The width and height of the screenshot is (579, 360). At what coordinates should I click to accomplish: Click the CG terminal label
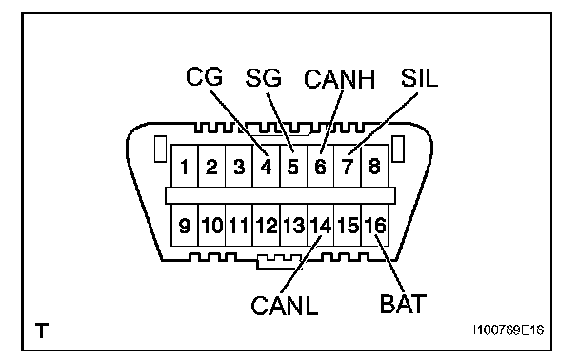click(x=204, y=76)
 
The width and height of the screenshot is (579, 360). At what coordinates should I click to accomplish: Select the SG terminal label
click(x=263, y=77)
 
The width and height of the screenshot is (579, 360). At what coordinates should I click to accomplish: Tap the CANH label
click(x=339, y=79)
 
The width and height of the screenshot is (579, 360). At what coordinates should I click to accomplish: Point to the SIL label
click(x=419, y=78)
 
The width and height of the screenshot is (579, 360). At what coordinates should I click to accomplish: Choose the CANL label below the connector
click(x=285, y=306)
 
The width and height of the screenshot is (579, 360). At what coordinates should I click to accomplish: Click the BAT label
click(x=403, y=304)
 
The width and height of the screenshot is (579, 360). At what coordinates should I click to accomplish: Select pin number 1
click(x=184, y=167)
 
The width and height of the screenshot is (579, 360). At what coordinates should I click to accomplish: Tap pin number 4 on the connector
click(x=266, y=167)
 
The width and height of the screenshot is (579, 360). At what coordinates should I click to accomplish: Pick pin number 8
click(x=374, y=166)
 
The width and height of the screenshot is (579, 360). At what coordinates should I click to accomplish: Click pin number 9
click(x=184, y=226)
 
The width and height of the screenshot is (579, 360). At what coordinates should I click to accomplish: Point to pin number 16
click(x=375, y=225)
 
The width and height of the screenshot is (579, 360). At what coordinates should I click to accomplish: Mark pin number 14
click(x=321, y=226)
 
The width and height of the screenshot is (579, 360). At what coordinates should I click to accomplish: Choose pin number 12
click(x=267, y=226)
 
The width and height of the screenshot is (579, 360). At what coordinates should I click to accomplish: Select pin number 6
click(x=320, y=167)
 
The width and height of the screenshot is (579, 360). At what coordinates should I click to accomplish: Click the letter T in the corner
click(x=42, y=330)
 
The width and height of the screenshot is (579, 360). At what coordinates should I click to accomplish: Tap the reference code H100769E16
click(x=506, y=330)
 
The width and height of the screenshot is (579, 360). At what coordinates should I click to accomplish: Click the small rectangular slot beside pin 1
click(x=160, y=149)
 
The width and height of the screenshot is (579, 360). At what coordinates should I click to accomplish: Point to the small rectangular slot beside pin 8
click(x=398, y=149)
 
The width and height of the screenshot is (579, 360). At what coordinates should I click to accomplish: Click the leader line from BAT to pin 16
click(x=390, y=263)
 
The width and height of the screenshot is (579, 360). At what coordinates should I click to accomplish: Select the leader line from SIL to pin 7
click(x=383, y=124)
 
